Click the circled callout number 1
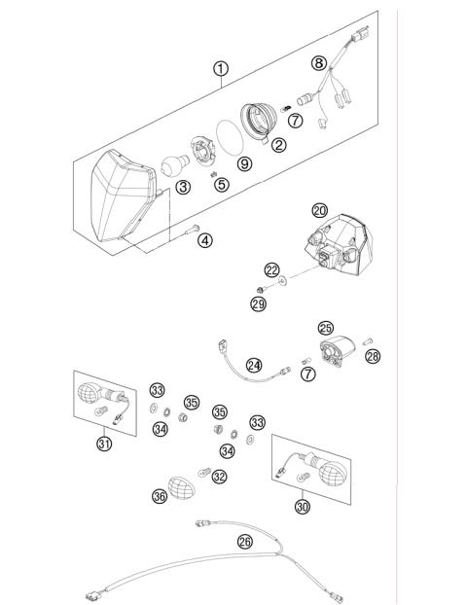coord(222,68)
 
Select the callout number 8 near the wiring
coord(318,63)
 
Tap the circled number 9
coord(244,164)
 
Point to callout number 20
coord(319,210)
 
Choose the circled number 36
coord(159,494)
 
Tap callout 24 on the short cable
coord(254,365)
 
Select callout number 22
coord(272,269)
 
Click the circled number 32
coord(220,476)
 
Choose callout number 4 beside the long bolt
coord(205,237)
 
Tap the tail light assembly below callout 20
coord(337,249)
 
